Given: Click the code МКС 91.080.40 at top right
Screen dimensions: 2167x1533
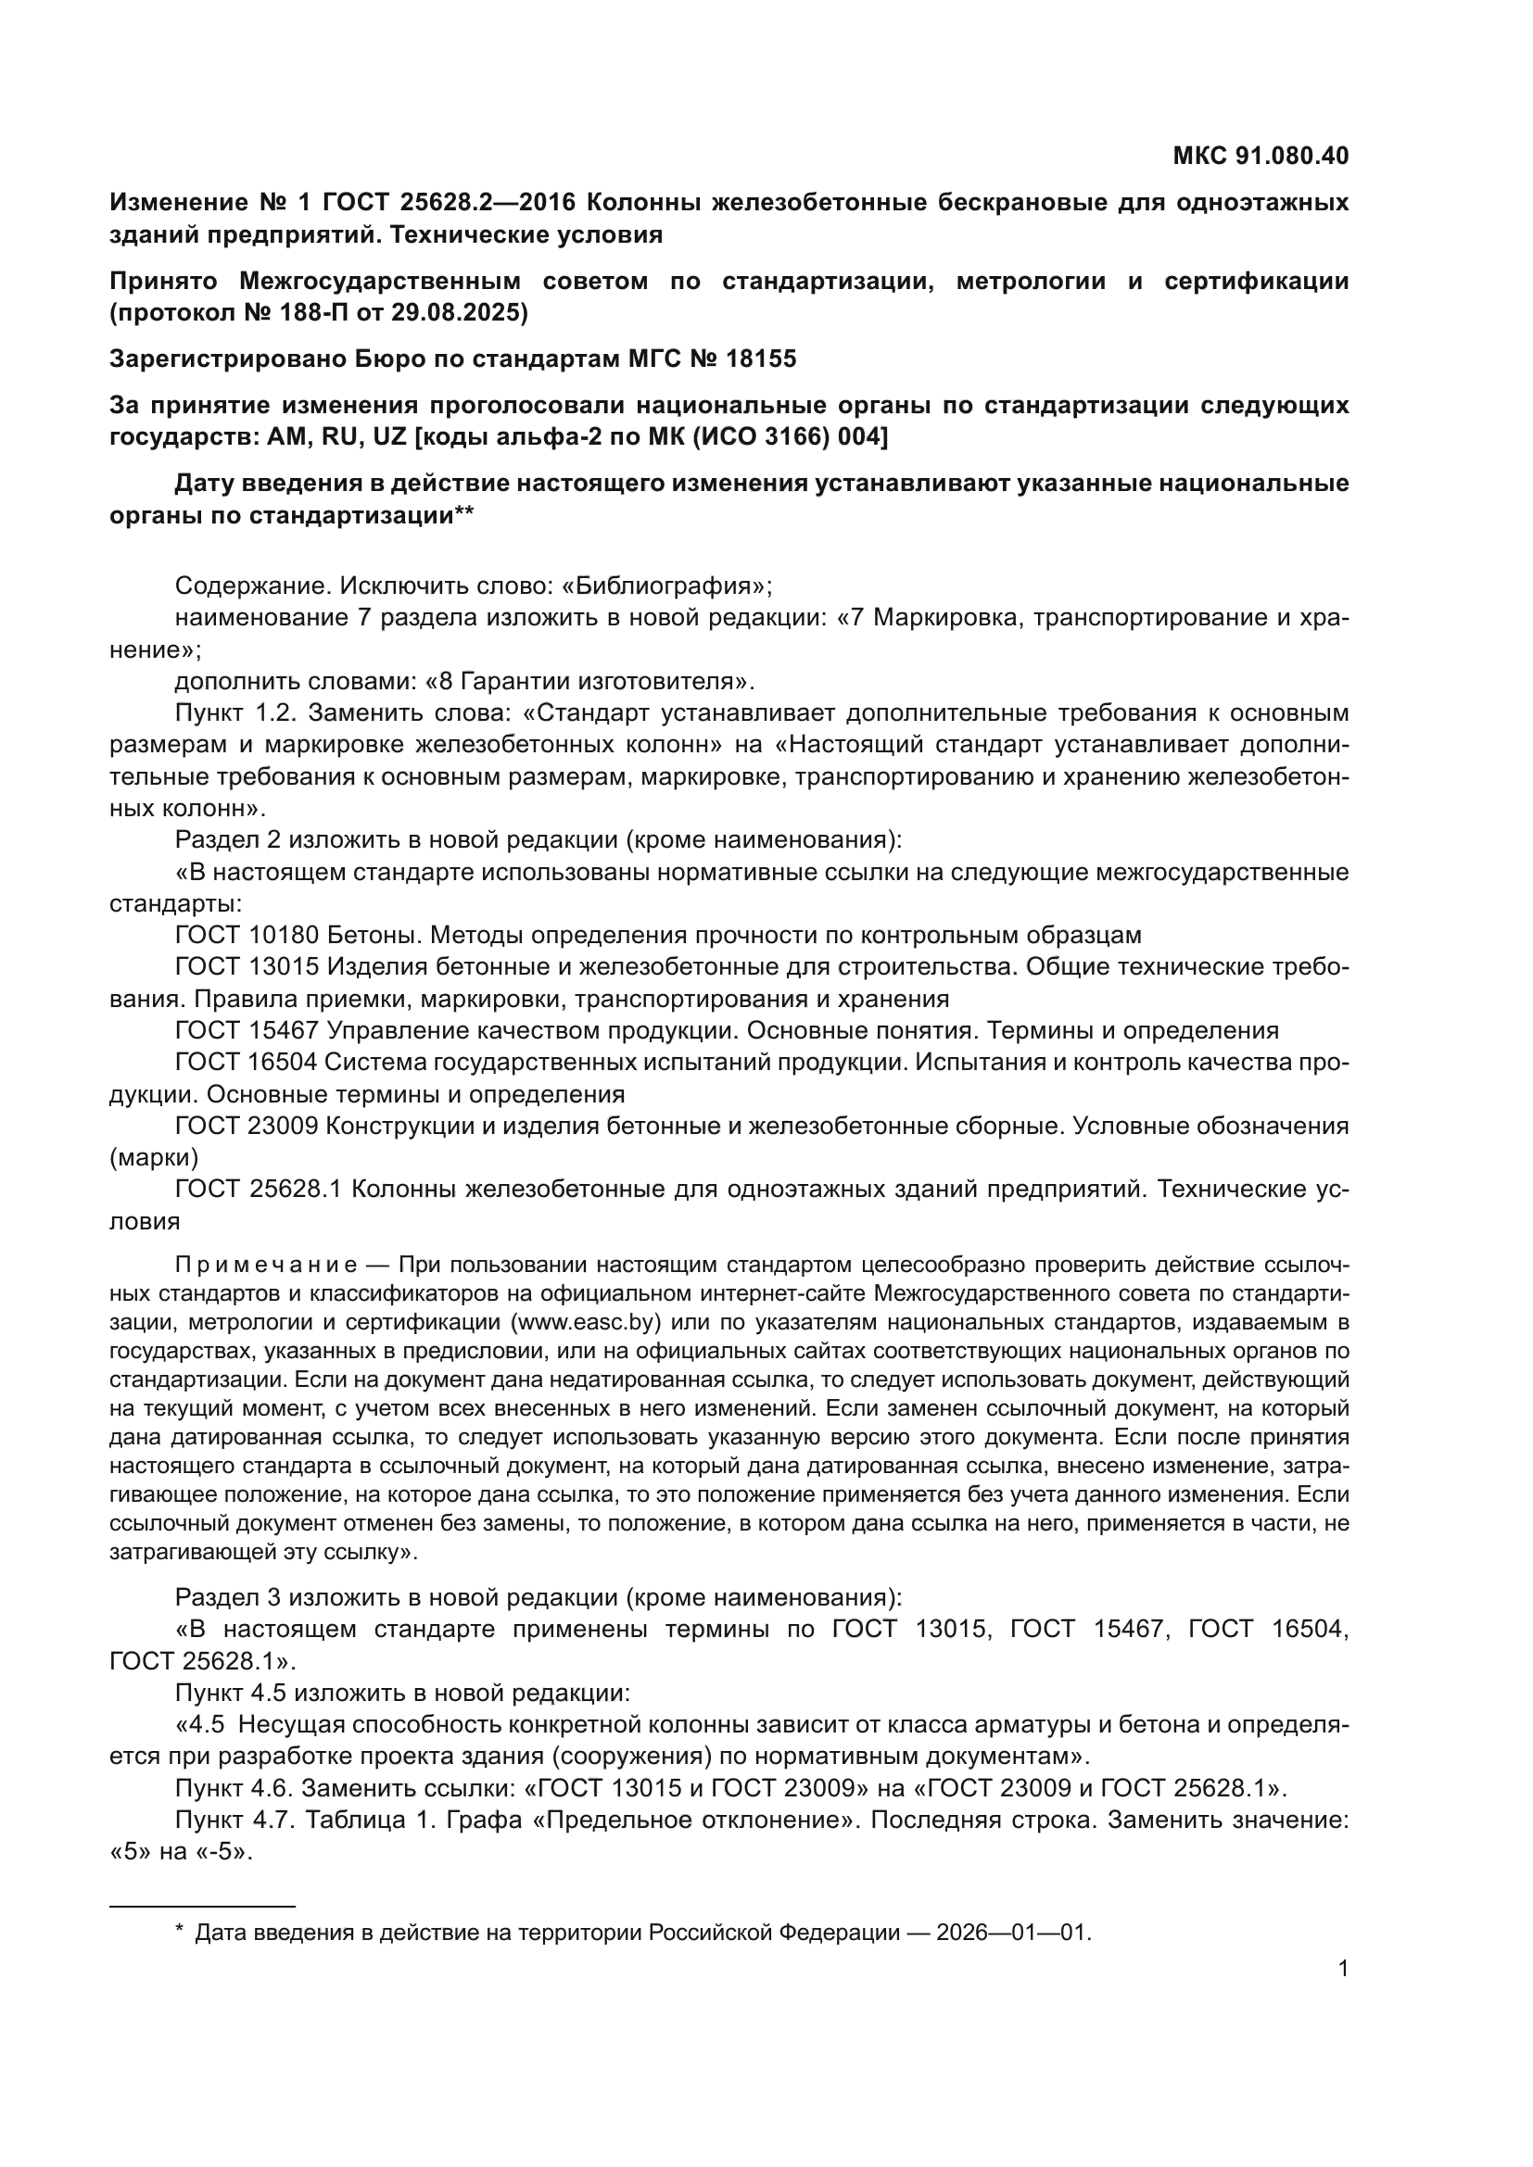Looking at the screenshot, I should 1261,156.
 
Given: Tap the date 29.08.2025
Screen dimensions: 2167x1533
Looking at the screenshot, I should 461,312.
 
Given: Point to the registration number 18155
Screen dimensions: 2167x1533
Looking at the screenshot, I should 761,359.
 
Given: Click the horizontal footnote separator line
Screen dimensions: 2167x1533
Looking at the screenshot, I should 202,1905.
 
